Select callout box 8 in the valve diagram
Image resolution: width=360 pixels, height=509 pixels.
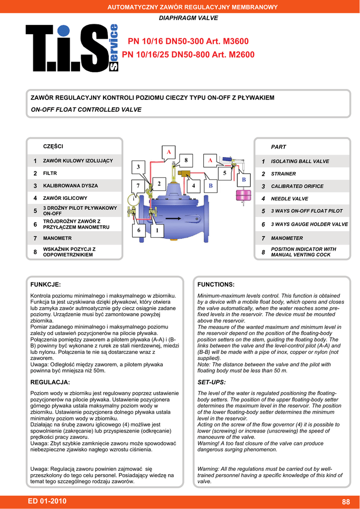tap(185, 160)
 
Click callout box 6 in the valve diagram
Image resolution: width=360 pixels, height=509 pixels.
tap(139, 231)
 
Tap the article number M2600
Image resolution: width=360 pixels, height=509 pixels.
tap(233, 55)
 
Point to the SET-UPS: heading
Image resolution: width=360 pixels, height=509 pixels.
tap(212, 382)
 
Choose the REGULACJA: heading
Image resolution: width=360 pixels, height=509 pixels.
tap(50, 382)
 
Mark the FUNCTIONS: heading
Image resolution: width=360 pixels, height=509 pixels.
tap(216, 285)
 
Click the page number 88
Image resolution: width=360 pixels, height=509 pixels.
tap(346, 501)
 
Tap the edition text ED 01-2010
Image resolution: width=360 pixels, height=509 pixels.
tap(48, 501)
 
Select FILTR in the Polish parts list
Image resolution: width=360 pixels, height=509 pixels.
tap(50, 173)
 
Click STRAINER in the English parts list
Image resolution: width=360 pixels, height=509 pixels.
tap(283, 174)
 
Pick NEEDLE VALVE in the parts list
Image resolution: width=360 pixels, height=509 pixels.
tap(289, 199)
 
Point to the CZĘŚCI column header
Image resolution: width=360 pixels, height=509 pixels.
tap(53, 146)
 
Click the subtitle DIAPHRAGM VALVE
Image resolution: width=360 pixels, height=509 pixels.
tap(188, 18)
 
